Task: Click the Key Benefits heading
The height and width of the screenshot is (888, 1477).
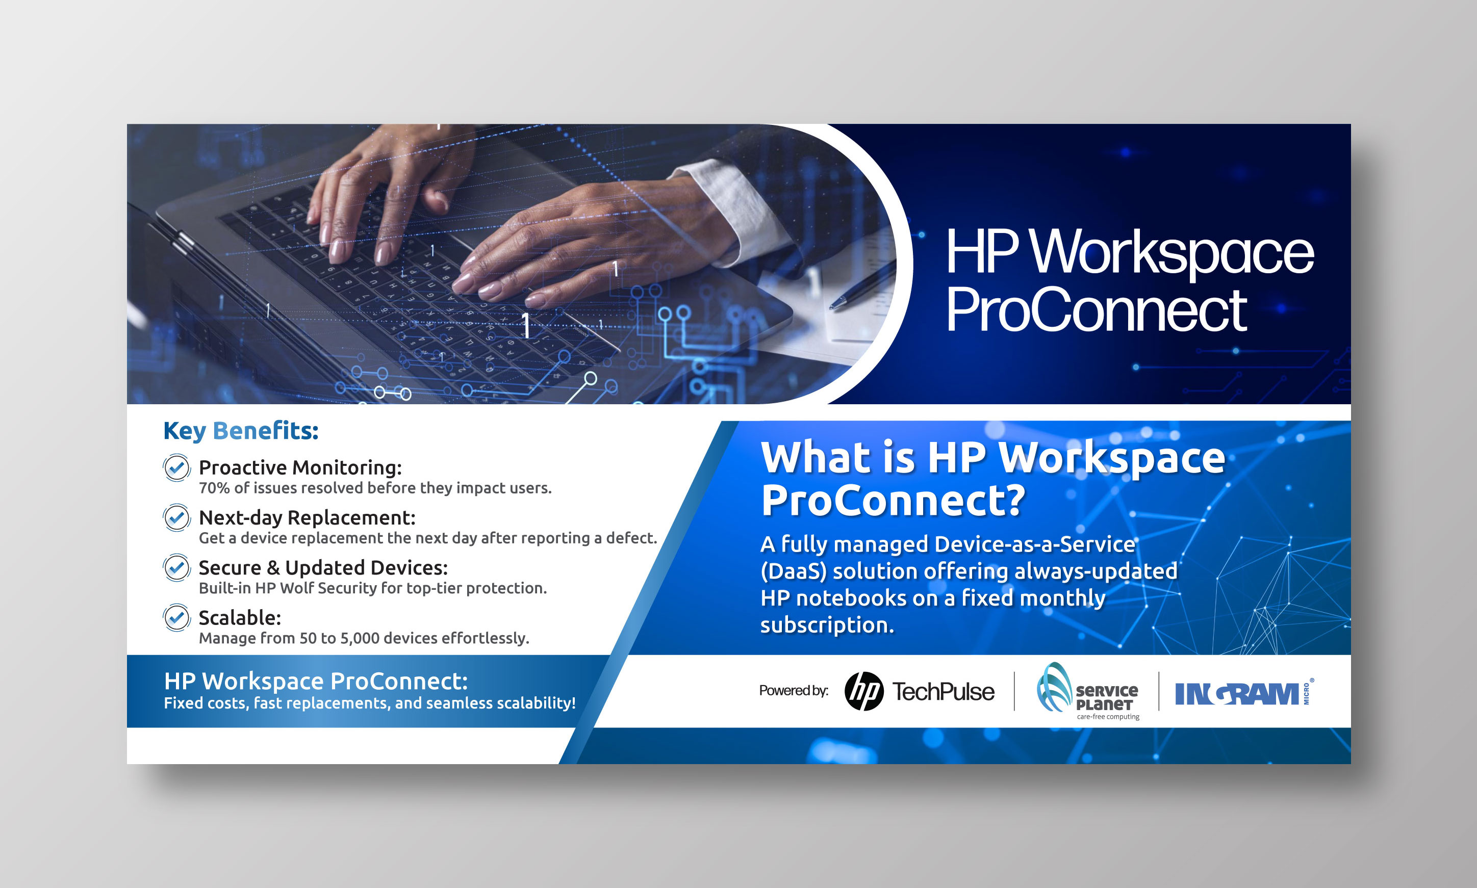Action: (x=241, y=431)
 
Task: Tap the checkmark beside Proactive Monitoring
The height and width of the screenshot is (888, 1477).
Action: (x=176, y=467)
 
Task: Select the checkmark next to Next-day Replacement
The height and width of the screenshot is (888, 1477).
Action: (x=176, y=517)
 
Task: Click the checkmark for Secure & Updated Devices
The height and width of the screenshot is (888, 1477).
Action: (x=176, y=567)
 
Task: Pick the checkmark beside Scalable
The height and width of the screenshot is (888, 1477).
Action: (x=176, y=617)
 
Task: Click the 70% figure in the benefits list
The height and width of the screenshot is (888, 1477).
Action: (x=214, y=488)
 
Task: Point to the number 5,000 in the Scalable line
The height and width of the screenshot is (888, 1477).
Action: (x=360, y=639)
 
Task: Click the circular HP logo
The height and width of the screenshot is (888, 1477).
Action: (x=864, y=691)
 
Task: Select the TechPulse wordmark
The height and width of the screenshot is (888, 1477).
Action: (x=944, y=692)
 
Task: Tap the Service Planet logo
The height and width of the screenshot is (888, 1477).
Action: (x=1087, y=691)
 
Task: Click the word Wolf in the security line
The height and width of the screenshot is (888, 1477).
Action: (x=297, y=588)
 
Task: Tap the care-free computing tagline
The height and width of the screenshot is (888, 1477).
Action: (x=1108, y=716)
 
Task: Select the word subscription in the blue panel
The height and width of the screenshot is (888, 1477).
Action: (x=827, y=625)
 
